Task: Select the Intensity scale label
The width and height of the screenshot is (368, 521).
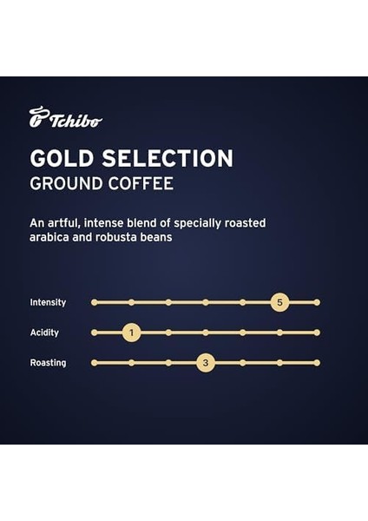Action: [x=48, y=302]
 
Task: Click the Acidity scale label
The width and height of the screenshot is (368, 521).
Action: [x=45, y=333]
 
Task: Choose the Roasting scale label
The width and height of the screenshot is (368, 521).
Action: [x=48, y=363]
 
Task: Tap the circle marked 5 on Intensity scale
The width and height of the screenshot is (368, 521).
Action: [x=279, y=302]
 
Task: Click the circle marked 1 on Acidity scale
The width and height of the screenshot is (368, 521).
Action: [x=131, y=333]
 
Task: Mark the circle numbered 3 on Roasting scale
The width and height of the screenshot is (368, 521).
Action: [x=205, y=363]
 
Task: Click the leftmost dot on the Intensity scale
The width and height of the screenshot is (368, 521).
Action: [x=94, y=302]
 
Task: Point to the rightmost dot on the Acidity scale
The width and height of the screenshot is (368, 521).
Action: [x=317, y=333]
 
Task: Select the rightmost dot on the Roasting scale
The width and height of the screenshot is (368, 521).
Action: [x=317, y=363]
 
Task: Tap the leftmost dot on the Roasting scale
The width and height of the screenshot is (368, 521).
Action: [x=94, y=363]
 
